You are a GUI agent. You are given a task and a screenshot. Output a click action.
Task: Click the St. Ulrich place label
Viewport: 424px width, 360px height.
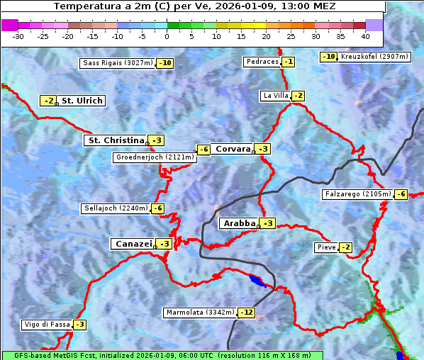pyautogui.click(x=82, y=101)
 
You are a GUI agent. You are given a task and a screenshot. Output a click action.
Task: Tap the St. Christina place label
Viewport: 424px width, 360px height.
pyautogui.click(x=115, y=140)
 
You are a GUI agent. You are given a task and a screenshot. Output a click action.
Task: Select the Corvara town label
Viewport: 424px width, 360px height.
pyautogui.click(x=233, y=149)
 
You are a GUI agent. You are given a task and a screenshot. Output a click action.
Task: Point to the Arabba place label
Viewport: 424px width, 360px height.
pyautogui.click(x=239, y=223)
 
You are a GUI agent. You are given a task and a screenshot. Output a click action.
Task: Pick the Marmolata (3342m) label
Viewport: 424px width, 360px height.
pyautogui.click(x=199, y=313)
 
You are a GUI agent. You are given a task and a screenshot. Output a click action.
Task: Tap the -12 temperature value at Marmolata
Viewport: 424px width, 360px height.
pyautogui.click(x=247, y=313)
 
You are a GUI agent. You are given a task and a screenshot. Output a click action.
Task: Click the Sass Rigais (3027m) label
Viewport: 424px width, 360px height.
pyautogui.click(x=118, y=63)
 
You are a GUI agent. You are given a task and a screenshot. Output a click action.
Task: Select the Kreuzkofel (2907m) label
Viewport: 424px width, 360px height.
pyautogui.click(x=374, y=57)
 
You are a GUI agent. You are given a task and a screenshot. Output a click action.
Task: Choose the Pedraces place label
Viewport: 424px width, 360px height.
pyautogui.click(x=262, y=62)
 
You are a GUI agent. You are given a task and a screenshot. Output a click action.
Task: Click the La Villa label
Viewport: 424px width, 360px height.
pyautogui.click(x=275, y=96)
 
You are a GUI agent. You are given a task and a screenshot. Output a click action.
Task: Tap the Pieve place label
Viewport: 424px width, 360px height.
pyautogui.click(x=326, y=247)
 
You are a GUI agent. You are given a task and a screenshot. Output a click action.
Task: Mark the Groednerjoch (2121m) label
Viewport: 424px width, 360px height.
pyautogui.click(x=155, y=157)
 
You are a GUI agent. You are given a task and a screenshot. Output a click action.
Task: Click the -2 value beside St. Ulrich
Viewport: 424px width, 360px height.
pyautogui.click(x=48, y=101)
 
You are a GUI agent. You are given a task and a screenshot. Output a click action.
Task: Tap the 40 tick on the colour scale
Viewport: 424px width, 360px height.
pyautogui.click(x=365, y=35)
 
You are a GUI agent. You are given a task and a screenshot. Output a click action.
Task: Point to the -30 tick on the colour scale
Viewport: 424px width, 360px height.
pyautogui.click(x=18, y=35)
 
